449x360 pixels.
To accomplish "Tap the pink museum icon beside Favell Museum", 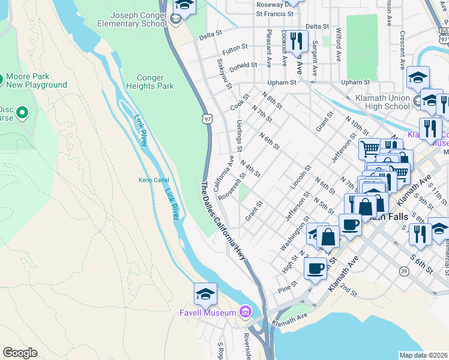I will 244,311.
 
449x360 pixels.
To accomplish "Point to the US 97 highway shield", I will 206,119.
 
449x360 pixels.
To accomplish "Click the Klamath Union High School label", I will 381,102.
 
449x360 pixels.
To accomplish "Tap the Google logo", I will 20,353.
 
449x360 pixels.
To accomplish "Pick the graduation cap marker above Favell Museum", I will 205,294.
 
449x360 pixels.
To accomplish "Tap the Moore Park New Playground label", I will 36,81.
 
